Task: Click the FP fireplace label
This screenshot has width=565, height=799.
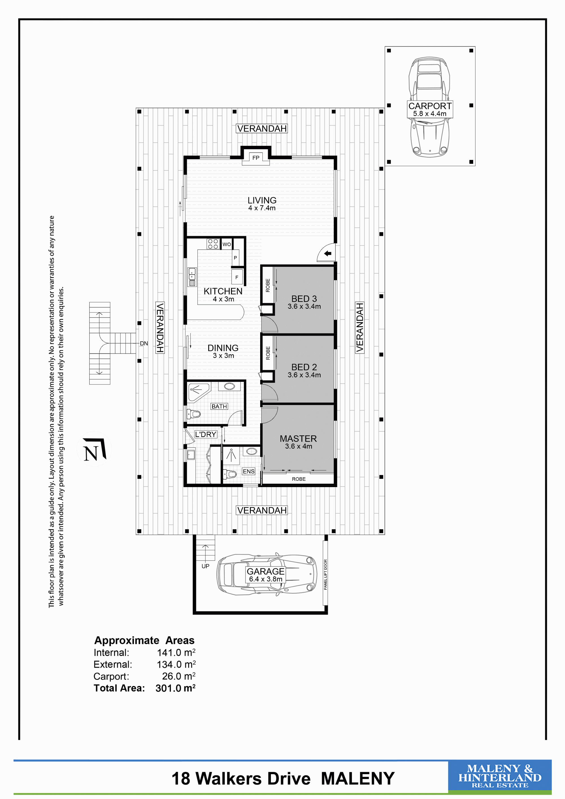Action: tap(256, 158)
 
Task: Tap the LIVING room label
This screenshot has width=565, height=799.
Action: tap(262, 200)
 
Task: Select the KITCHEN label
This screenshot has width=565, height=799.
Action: tap(223, 291)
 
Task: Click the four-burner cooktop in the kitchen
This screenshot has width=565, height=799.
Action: tap(213, 244)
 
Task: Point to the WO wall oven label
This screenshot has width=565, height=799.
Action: tap(227, 244)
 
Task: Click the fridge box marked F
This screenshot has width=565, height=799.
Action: tap(237, 277)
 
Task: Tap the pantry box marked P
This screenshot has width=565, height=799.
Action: tap(236, 258)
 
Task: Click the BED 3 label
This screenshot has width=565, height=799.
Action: tap(304, 299)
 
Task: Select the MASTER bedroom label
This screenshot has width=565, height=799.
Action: tap(298, 438)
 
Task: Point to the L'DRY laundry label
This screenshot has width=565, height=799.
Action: tap(206, 434)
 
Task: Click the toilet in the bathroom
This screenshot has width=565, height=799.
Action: tap(194, 414)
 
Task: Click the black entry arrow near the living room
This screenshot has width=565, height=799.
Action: tap(328, 254)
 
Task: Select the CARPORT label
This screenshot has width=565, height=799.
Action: tap(430, 106)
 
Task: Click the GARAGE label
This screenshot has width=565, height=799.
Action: tap(266, 571)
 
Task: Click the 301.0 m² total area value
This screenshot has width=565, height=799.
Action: tap(175, 688)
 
